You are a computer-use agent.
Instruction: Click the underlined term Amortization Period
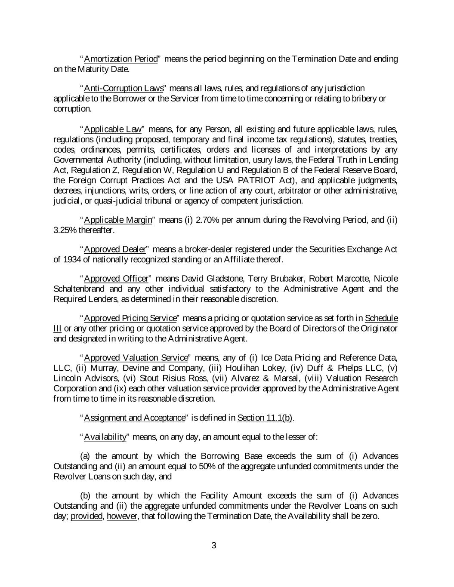[x=121, y=59]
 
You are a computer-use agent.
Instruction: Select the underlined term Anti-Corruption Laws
[x=124, y=89]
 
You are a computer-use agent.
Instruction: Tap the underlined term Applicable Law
[x=113, y=129]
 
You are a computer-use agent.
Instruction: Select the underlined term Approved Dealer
[x=115, y=249]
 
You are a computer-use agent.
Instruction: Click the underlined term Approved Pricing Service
[x=130, y=318]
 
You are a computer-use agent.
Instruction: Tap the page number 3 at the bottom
[x=214, y=546]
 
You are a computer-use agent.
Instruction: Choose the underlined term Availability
[x=105, y=437]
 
